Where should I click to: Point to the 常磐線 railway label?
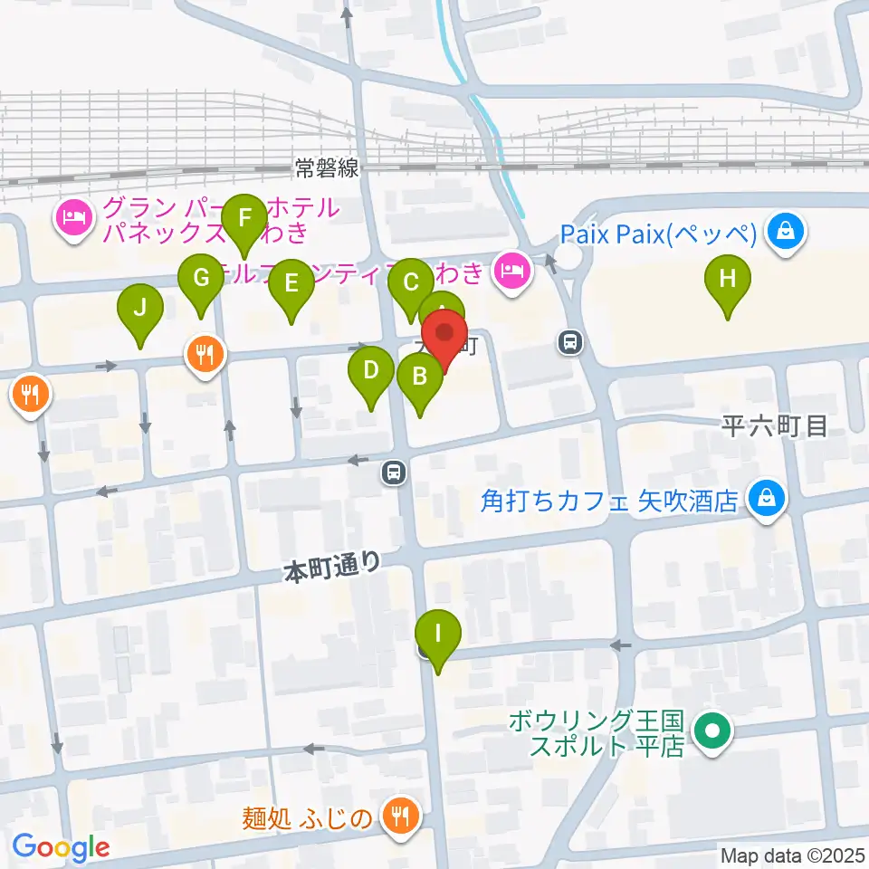coord(327,167)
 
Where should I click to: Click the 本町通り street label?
coord(332,567)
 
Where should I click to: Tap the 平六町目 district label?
coord(775,426)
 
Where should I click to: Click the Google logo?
coord(61,847)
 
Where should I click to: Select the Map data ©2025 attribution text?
coord(792,855)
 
